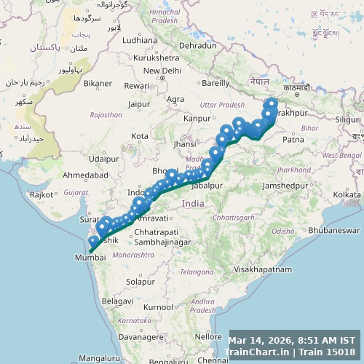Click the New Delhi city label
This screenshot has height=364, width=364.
pos(162,71)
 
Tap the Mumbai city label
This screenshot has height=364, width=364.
pos(90,257)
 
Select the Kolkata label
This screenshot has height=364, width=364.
pos(347,194)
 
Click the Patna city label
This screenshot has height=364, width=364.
pos(293,139)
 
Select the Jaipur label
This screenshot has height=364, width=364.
pos(138,104)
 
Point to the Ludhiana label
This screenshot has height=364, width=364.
pos(140,41)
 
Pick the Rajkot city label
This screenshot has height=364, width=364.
pos(42,194)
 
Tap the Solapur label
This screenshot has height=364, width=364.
pos(140,281)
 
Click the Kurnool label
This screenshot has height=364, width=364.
pos(158,307)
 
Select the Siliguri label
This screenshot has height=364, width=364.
pos(347,119)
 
